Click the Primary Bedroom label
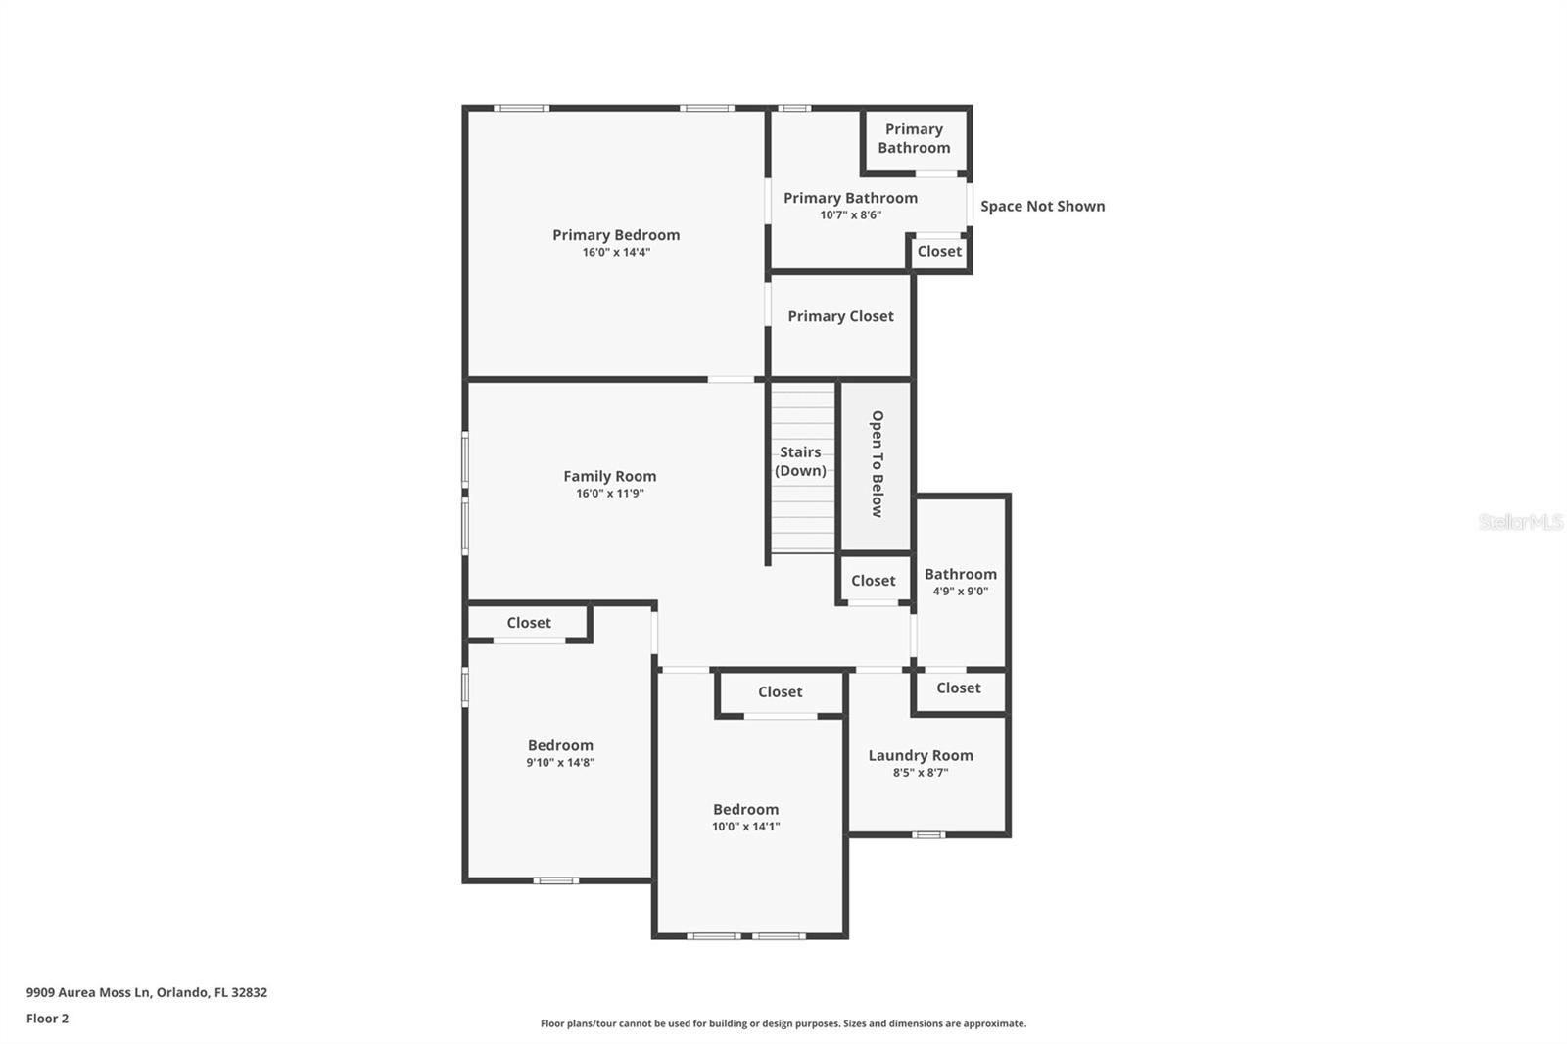point(615,235)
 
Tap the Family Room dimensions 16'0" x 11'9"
point(609,494)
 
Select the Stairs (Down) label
point(800,461)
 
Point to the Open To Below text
point(877,463)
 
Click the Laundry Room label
point(920,755)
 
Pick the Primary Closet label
point(840,316)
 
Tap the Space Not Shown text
point(1042,206)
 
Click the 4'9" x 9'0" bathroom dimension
point(960,592)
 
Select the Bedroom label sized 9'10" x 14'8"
point(560,745)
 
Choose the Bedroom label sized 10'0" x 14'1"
point(745,809)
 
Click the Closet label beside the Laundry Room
point(958,688)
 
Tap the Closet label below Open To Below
point(873,581)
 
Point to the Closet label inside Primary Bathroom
point(938,252)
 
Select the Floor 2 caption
point(47,1019)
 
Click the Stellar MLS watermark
point(1520,522)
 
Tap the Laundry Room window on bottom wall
point(928,834)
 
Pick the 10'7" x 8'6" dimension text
point(850,215)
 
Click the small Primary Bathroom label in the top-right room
point(913,138)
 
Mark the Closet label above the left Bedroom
point(528,623)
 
